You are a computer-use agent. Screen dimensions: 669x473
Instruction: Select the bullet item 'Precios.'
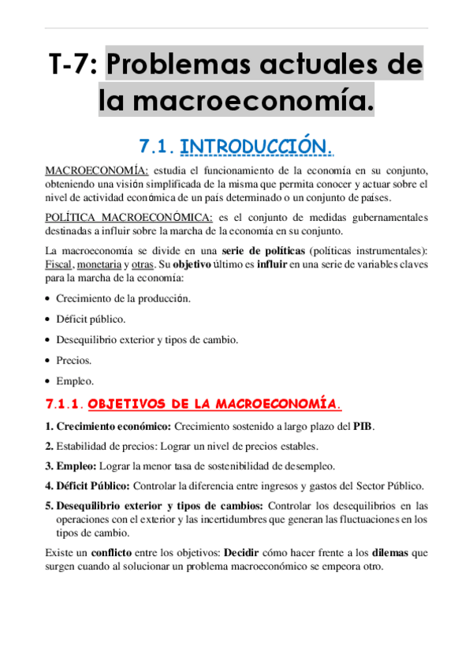click(x=74, y=361)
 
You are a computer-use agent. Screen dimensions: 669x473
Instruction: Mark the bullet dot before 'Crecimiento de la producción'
click(x=49, y=299)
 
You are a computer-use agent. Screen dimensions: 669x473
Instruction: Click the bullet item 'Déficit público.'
click(x=91, y=320)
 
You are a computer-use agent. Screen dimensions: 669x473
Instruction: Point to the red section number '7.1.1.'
click(x=64, y=405)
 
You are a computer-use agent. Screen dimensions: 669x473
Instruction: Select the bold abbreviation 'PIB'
click(x=363, y=427)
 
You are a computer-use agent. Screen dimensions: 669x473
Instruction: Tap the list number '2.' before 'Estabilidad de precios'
click(x=49, y=447)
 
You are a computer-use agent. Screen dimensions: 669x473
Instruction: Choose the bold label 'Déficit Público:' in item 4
click(x=92, y=485)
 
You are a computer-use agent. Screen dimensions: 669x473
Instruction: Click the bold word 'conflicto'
click(x=110, y=553)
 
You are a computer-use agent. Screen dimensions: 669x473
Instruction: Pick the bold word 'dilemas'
click(x=391, y=553)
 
